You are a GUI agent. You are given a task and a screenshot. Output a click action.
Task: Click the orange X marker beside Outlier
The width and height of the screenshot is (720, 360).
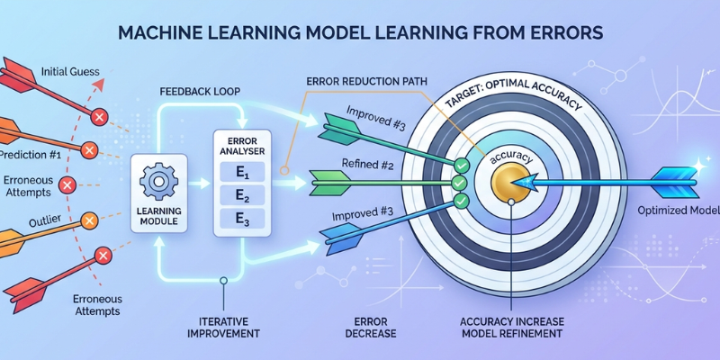click(x=89, y=219)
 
